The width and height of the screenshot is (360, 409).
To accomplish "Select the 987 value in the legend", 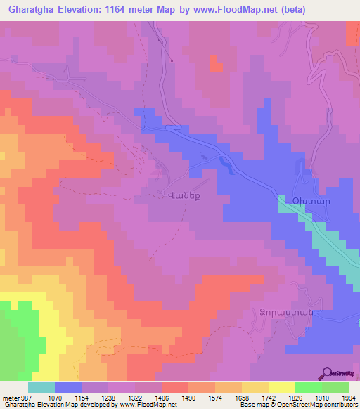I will click(25, 398).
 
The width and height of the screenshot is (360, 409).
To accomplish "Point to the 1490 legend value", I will click(188, 398).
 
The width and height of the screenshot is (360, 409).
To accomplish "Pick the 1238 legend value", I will click(108, 398).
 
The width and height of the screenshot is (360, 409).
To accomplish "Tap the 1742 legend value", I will click(269, 398).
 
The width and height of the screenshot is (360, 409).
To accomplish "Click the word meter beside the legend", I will click(9, 398).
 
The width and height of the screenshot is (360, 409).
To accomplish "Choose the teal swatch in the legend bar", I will click(41, 387).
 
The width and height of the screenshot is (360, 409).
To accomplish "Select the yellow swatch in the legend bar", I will click(282, 387).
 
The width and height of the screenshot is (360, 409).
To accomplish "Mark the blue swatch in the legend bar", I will click(68, 387).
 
